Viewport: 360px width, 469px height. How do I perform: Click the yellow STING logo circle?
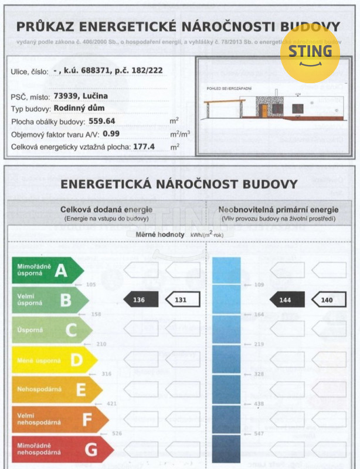tap(310, 52)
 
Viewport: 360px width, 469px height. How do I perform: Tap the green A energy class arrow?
tap(47, 270)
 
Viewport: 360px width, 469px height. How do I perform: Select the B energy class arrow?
tap(50, 300)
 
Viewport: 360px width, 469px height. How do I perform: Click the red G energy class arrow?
tap(62, 450)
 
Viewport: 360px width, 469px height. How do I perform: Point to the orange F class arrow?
tap(59, 420)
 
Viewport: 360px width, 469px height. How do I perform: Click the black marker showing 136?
tap(141, 300)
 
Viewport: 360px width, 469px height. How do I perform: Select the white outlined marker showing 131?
tap(182, 300)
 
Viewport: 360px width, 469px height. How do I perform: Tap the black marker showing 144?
tap(287, 300)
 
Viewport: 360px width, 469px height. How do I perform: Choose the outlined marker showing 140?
tap(328, 300)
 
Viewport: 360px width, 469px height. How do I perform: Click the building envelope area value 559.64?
tap(101, 121)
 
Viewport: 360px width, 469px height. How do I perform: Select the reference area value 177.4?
tap(144, 147)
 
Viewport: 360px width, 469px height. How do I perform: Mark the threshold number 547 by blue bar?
tap(259, 434)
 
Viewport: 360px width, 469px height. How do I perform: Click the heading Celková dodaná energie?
tap(106, 209)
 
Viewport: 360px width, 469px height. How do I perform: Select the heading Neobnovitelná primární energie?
tap(278, 209)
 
